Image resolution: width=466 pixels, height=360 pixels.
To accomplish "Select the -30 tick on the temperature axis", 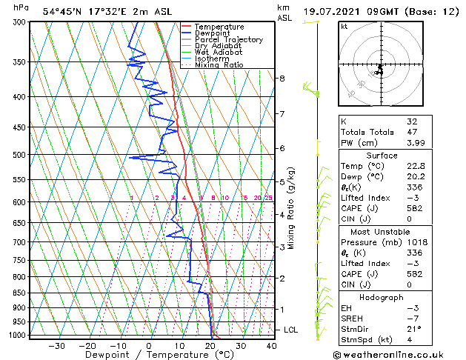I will [x=56, y=345].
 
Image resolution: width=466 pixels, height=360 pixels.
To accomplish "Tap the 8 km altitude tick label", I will [x=282, y=78].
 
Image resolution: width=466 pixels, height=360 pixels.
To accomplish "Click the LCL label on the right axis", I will [x=292, y=330].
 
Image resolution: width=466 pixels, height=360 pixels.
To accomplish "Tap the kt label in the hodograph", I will [x=344, y=27].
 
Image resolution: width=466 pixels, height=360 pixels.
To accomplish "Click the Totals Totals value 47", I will [x=412, y=132].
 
